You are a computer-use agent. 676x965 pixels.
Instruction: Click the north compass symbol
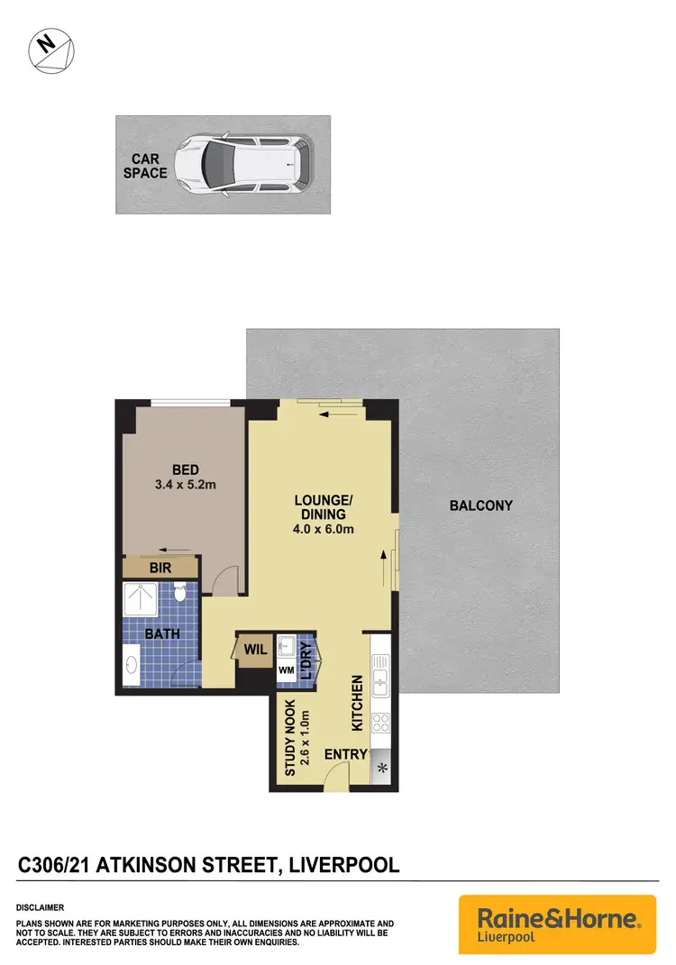tap(52, 50)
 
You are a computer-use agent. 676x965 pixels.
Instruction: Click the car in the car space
tap(242, 164)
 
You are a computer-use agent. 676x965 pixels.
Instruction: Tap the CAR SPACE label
tap(145, 166)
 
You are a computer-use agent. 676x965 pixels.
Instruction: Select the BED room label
tap(187, 469)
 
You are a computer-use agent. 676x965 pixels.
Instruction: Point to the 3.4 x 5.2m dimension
tap(187, 485)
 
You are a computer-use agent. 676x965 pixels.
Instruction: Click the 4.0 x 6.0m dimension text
tap(322, 529)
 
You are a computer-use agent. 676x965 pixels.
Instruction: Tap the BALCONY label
tap(480, 505)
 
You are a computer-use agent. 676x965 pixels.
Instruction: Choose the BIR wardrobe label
tap(160, 568)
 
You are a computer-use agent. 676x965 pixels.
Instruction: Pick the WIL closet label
tap(250, 648)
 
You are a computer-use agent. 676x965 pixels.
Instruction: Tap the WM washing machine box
tap(286, 671)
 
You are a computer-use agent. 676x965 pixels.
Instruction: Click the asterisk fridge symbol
tap(381, 768)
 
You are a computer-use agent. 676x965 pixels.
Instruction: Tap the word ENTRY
tap(344, 753)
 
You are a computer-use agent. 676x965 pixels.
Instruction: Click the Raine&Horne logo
tap(557, 924)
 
